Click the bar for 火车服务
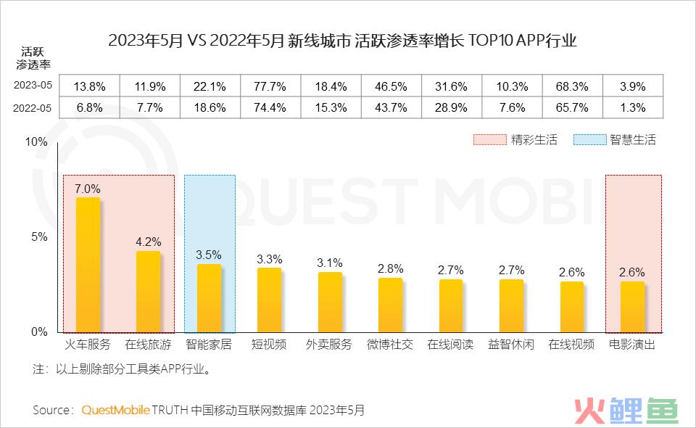(x=88, y=265)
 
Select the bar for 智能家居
(x=209, y=298)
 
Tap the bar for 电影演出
(x=632, y=307)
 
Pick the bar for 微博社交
(x=390, y=305)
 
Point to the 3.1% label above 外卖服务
(x=330, y=263)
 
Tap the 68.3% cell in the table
(x=571, y=86)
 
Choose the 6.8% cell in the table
(x=89, y=107)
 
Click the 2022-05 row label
(x=32, y=107)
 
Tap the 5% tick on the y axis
(x=38, y=236)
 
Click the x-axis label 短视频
(x=269, y=345)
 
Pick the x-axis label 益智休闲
(x=511, y=345)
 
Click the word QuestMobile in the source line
(x=115, y=410)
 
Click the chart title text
(x=342, y=41)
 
